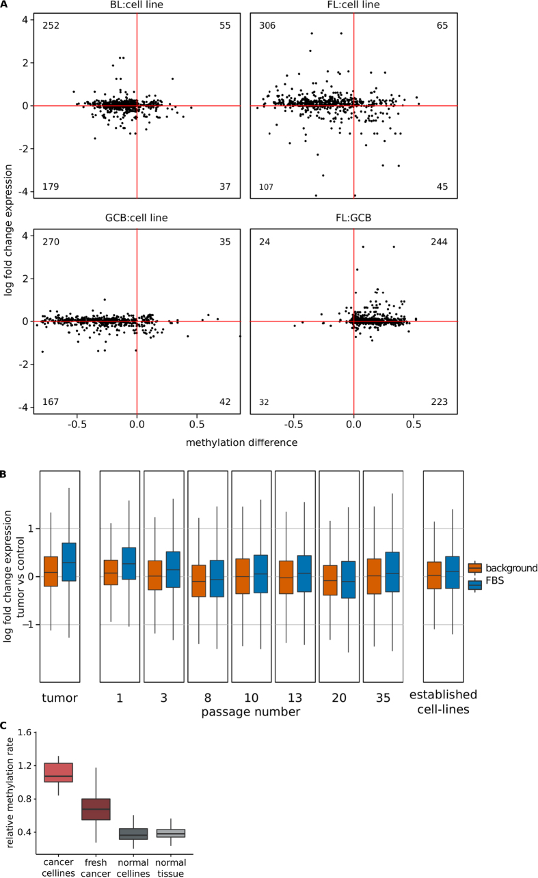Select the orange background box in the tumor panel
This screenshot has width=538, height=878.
pos(51,576)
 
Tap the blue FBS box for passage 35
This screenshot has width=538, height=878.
pos(392,571)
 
